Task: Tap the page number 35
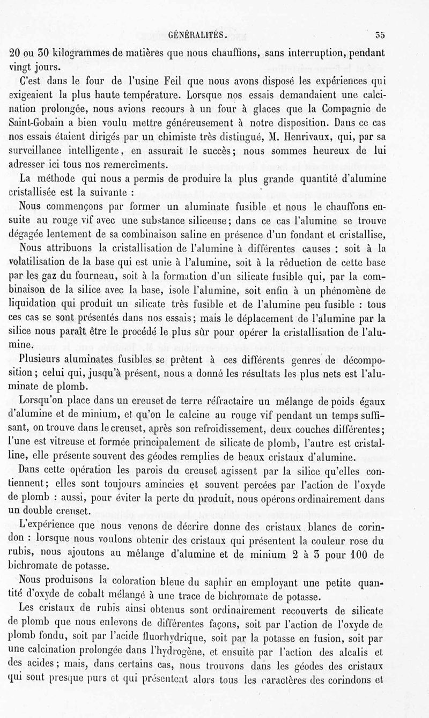click(x=380, y=36)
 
